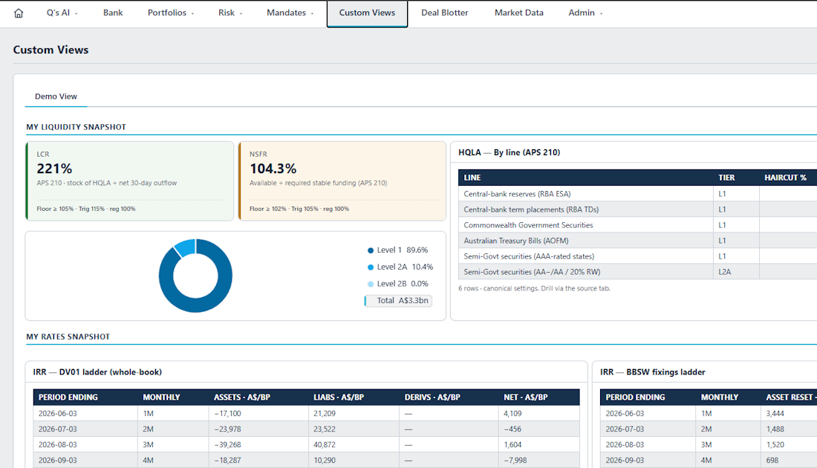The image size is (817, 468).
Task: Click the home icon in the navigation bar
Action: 19,13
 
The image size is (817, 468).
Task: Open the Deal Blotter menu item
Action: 444,13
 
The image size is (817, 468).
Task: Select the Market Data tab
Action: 519,13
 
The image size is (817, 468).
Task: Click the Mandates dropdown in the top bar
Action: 290,13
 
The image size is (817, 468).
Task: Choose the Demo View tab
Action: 56,97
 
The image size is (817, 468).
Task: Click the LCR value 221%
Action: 54,169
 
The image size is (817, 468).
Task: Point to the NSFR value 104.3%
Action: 273,169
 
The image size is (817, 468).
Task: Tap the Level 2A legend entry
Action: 400,267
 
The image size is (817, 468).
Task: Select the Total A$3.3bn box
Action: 398,301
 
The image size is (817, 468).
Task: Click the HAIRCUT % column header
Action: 785,178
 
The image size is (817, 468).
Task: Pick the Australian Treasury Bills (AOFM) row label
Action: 516,241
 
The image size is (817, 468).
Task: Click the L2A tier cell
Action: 725,272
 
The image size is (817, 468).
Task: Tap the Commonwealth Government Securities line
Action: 528,225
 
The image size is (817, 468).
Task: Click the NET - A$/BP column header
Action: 526,397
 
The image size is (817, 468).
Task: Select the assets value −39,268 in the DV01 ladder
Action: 228,444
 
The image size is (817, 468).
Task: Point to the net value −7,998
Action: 515,460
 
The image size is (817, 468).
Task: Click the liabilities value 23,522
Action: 325,429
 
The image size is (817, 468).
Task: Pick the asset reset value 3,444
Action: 775,413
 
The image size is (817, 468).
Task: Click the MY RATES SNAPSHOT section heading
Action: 68,337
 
